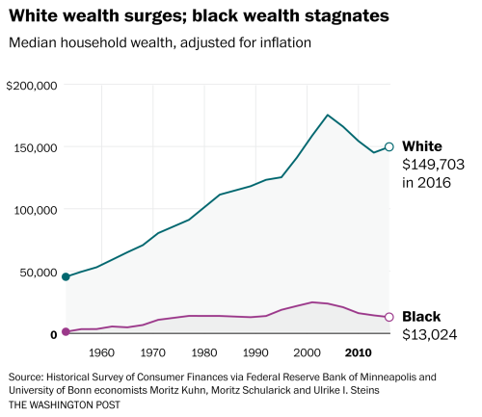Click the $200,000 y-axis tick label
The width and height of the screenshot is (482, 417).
(33, 86)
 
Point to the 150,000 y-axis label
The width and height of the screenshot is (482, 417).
(36, 147)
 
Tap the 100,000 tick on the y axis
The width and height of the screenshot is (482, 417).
(36, 210)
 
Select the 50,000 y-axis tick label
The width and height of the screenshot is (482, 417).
(39, 272)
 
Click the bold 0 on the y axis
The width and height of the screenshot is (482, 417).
(54, 334)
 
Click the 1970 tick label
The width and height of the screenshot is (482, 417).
(154, 352)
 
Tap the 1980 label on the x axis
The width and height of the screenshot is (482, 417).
(206, 352)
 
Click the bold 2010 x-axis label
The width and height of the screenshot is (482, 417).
(359, 352)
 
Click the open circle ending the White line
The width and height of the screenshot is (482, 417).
(389, 146)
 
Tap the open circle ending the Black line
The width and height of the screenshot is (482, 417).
(389, 317)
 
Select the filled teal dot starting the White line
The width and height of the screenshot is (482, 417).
(66, 276)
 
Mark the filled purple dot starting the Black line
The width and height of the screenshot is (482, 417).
(66, 331)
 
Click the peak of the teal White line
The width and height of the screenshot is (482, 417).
(328, 115)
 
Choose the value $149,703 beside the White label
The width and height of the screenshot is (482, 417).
(430, 164)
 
